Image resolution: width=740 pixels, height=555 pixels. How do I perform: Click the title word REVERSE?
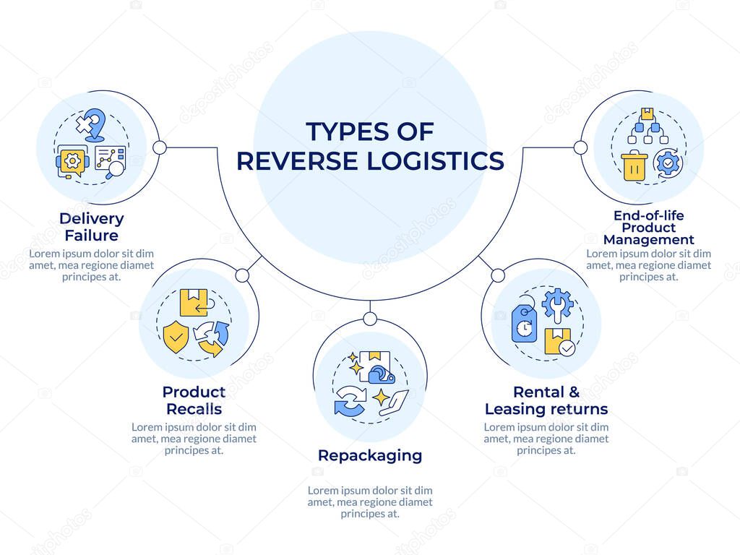coord(297,160)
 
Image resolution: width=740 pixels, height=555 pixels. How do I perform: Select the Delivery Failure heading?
coord(91,226)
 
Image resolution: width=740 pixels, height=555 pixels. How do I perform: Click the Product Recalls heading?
coord(194,400)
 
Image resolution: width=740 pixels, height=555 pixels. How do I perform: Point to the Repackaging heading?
coord(370,455)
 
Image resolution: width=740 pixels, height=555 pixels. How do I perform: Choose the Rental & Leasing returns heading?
coord(546,400)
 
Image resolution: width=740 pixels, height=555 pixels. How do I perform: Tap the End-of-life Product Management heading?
coord(648,227)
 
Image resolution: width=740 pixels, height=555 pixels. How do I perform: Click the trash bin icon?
coord(634,166)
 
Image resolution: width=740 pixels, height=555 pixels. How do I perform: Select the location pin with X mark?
coord(91,125)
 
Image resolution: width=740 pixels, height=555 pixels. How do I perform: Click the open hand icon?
coord(393,402)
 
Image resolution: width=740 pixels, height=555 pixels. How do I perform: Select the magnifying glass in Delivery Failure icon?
coord(113,170)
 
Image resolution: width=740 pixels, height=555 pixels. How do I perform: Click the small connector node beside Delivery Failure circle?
coord(160,147)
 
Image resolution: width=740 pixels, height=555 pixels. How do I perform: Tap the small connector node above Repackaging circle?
coord(370,319)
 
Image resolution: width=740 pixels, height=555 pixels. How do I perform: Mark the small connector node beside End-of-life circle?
coord(580,147)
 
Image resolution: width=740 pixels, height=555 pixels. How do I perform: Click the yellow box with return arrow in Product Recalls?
coord(194,303)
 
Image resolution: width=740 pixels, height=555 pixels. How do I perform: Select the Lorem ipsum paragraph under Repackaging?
coord(370,502)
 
